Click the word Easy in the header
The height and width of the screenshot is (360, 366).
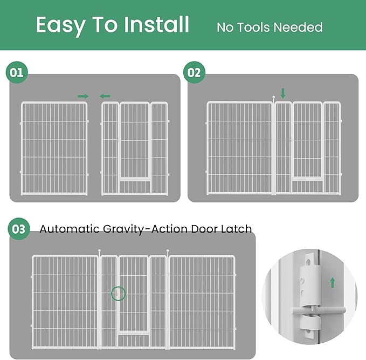61,25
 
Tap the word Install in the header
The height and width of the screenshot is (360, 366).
156,24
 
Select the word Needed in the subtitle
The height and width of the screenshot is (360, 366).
298,28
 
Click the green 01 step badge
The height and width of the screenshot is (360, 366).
17,72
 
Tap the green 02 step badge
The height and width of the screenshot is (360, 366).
194,72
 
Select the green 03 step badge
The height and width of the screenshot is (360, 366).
19,229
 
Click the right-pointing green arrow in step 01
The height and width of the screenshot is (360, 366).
83,96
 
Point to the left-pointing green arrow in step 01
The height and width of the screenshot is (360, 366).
105,96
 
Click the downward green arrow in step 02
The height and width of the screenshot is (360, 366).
283,93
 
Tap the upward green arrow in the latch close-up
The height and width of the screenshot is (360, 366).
333,283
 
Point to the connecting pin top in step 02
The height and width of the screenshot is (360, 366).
274,97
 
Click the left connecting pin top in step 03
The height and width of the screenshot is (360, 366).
99,250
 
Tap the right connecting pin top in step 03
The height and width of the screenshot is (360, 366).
168,251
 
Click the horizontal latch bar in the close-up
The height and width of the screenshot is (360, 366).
318,311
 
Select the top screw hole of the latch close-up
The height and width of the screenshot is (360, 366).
308,262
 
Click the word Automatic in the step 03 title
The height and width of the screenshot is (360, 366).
70,229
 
